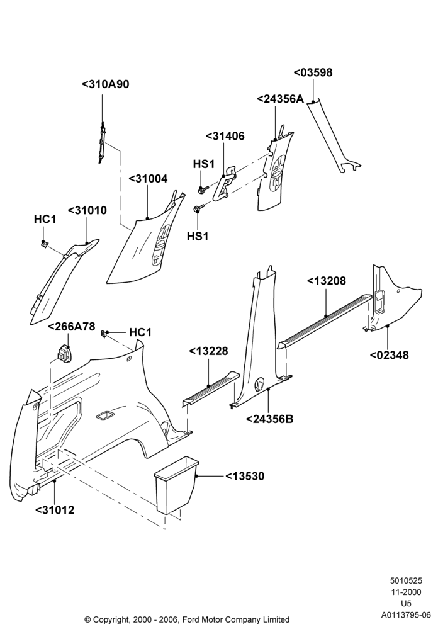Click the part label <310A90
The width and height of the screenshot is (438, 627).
[106, 84]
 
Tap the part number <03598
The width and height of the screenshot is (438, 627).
[313, 72]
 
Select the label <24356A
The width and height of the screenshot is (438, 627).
[280, 99]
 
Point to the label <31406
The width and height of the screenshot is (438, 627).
[225, 136]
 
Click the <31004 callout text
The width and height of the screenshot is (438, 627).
[148, 178]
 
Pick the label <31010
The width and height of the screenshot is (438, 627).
[87, 210]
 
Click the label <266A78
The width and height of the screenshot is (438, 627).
[72, 327]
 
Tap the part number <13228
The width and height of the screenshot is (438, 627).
[208, 351]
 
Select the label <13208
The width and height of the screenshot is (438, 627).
[326, 281]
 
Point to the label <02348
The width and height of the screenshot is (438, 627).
[390, 354]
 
